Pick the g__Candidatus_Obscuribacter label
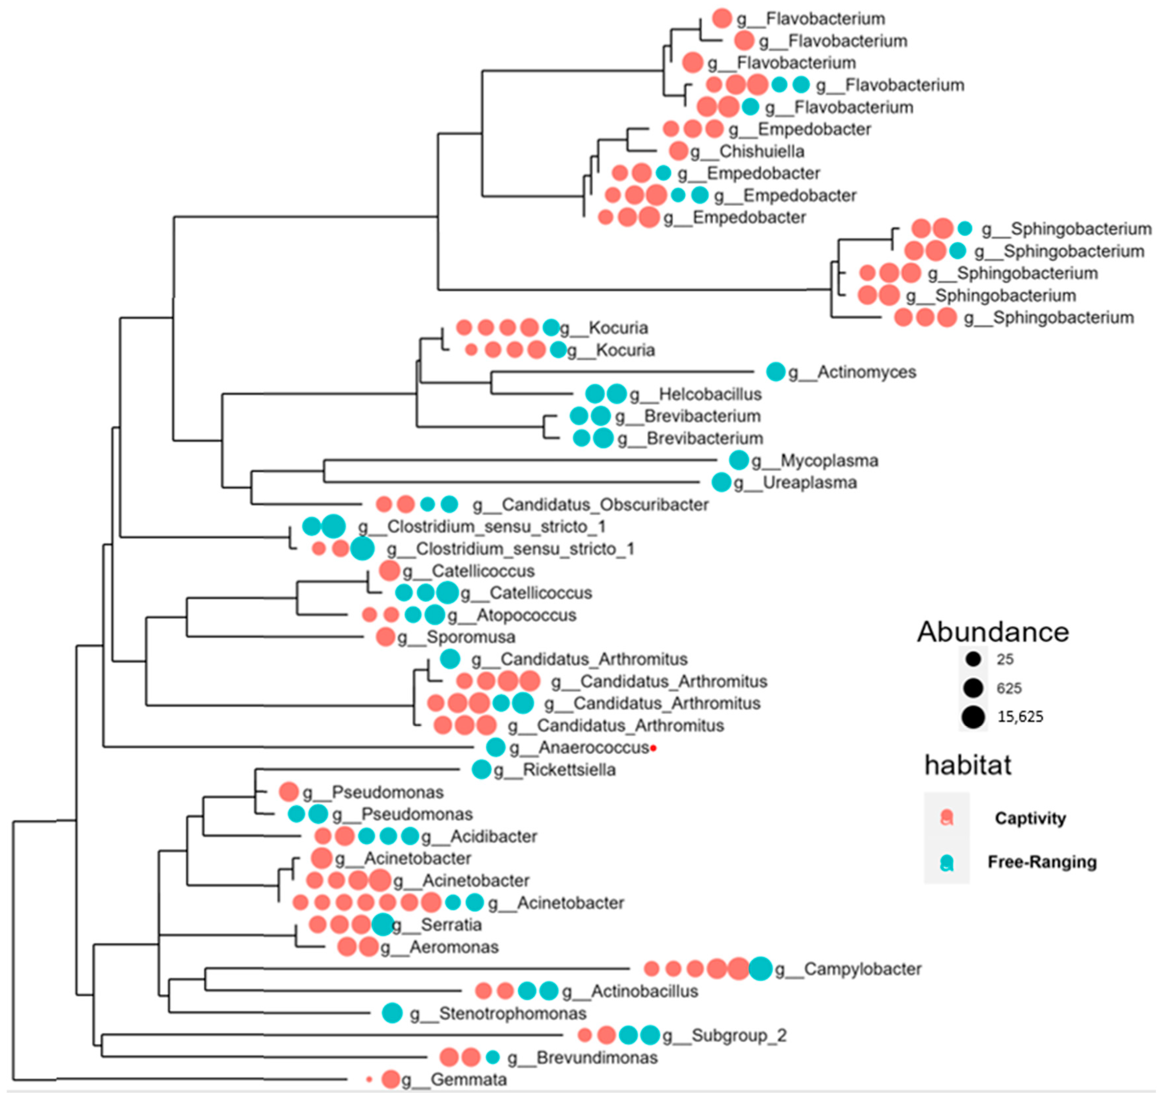[591, 505]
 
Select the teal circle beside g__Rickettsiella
[481, 769]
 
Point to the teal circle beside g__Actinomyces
[776, 371]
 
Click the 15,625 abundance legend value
[1020, 717]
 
